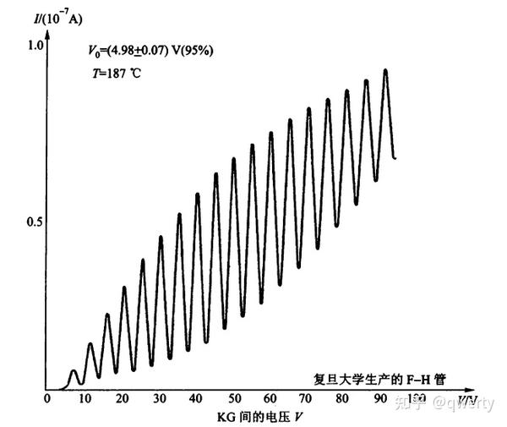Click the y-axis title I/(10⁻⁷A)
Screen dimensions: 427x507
(x=46, y=12)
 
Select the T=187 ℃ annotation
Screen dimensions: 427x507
(x=118, y=74)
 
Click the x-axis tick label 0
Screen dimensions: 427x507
(x=47, y=399)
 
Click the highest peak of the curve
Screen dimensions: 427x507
(x=386, y=69)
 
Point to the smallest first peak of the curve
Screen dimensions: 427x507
(x=74, y=370)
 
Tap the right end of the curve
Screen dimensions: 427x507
(x=395, y=158)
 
